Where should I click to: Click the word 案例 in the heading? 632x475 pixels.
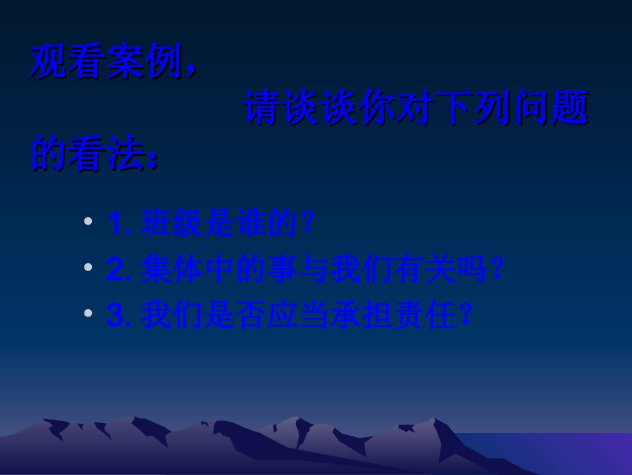145,64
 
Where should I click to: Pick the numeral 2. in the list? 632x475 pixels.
120,271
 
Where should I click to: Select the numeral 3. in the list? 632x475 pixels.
120,316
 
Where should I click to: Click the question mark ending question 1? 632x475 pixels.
306,226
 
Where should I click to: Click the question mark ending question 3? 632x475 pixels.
466,316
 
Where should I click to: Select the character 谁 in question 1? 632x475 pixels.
251,226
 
